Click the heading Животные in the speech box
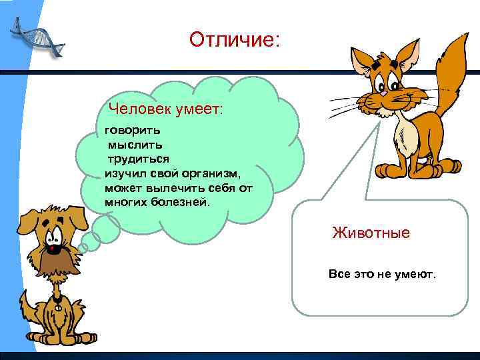[x=371, y=233]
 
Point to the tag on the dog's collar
[x=57, y=308]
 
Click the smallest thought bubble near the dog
[x=83, y=247]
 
